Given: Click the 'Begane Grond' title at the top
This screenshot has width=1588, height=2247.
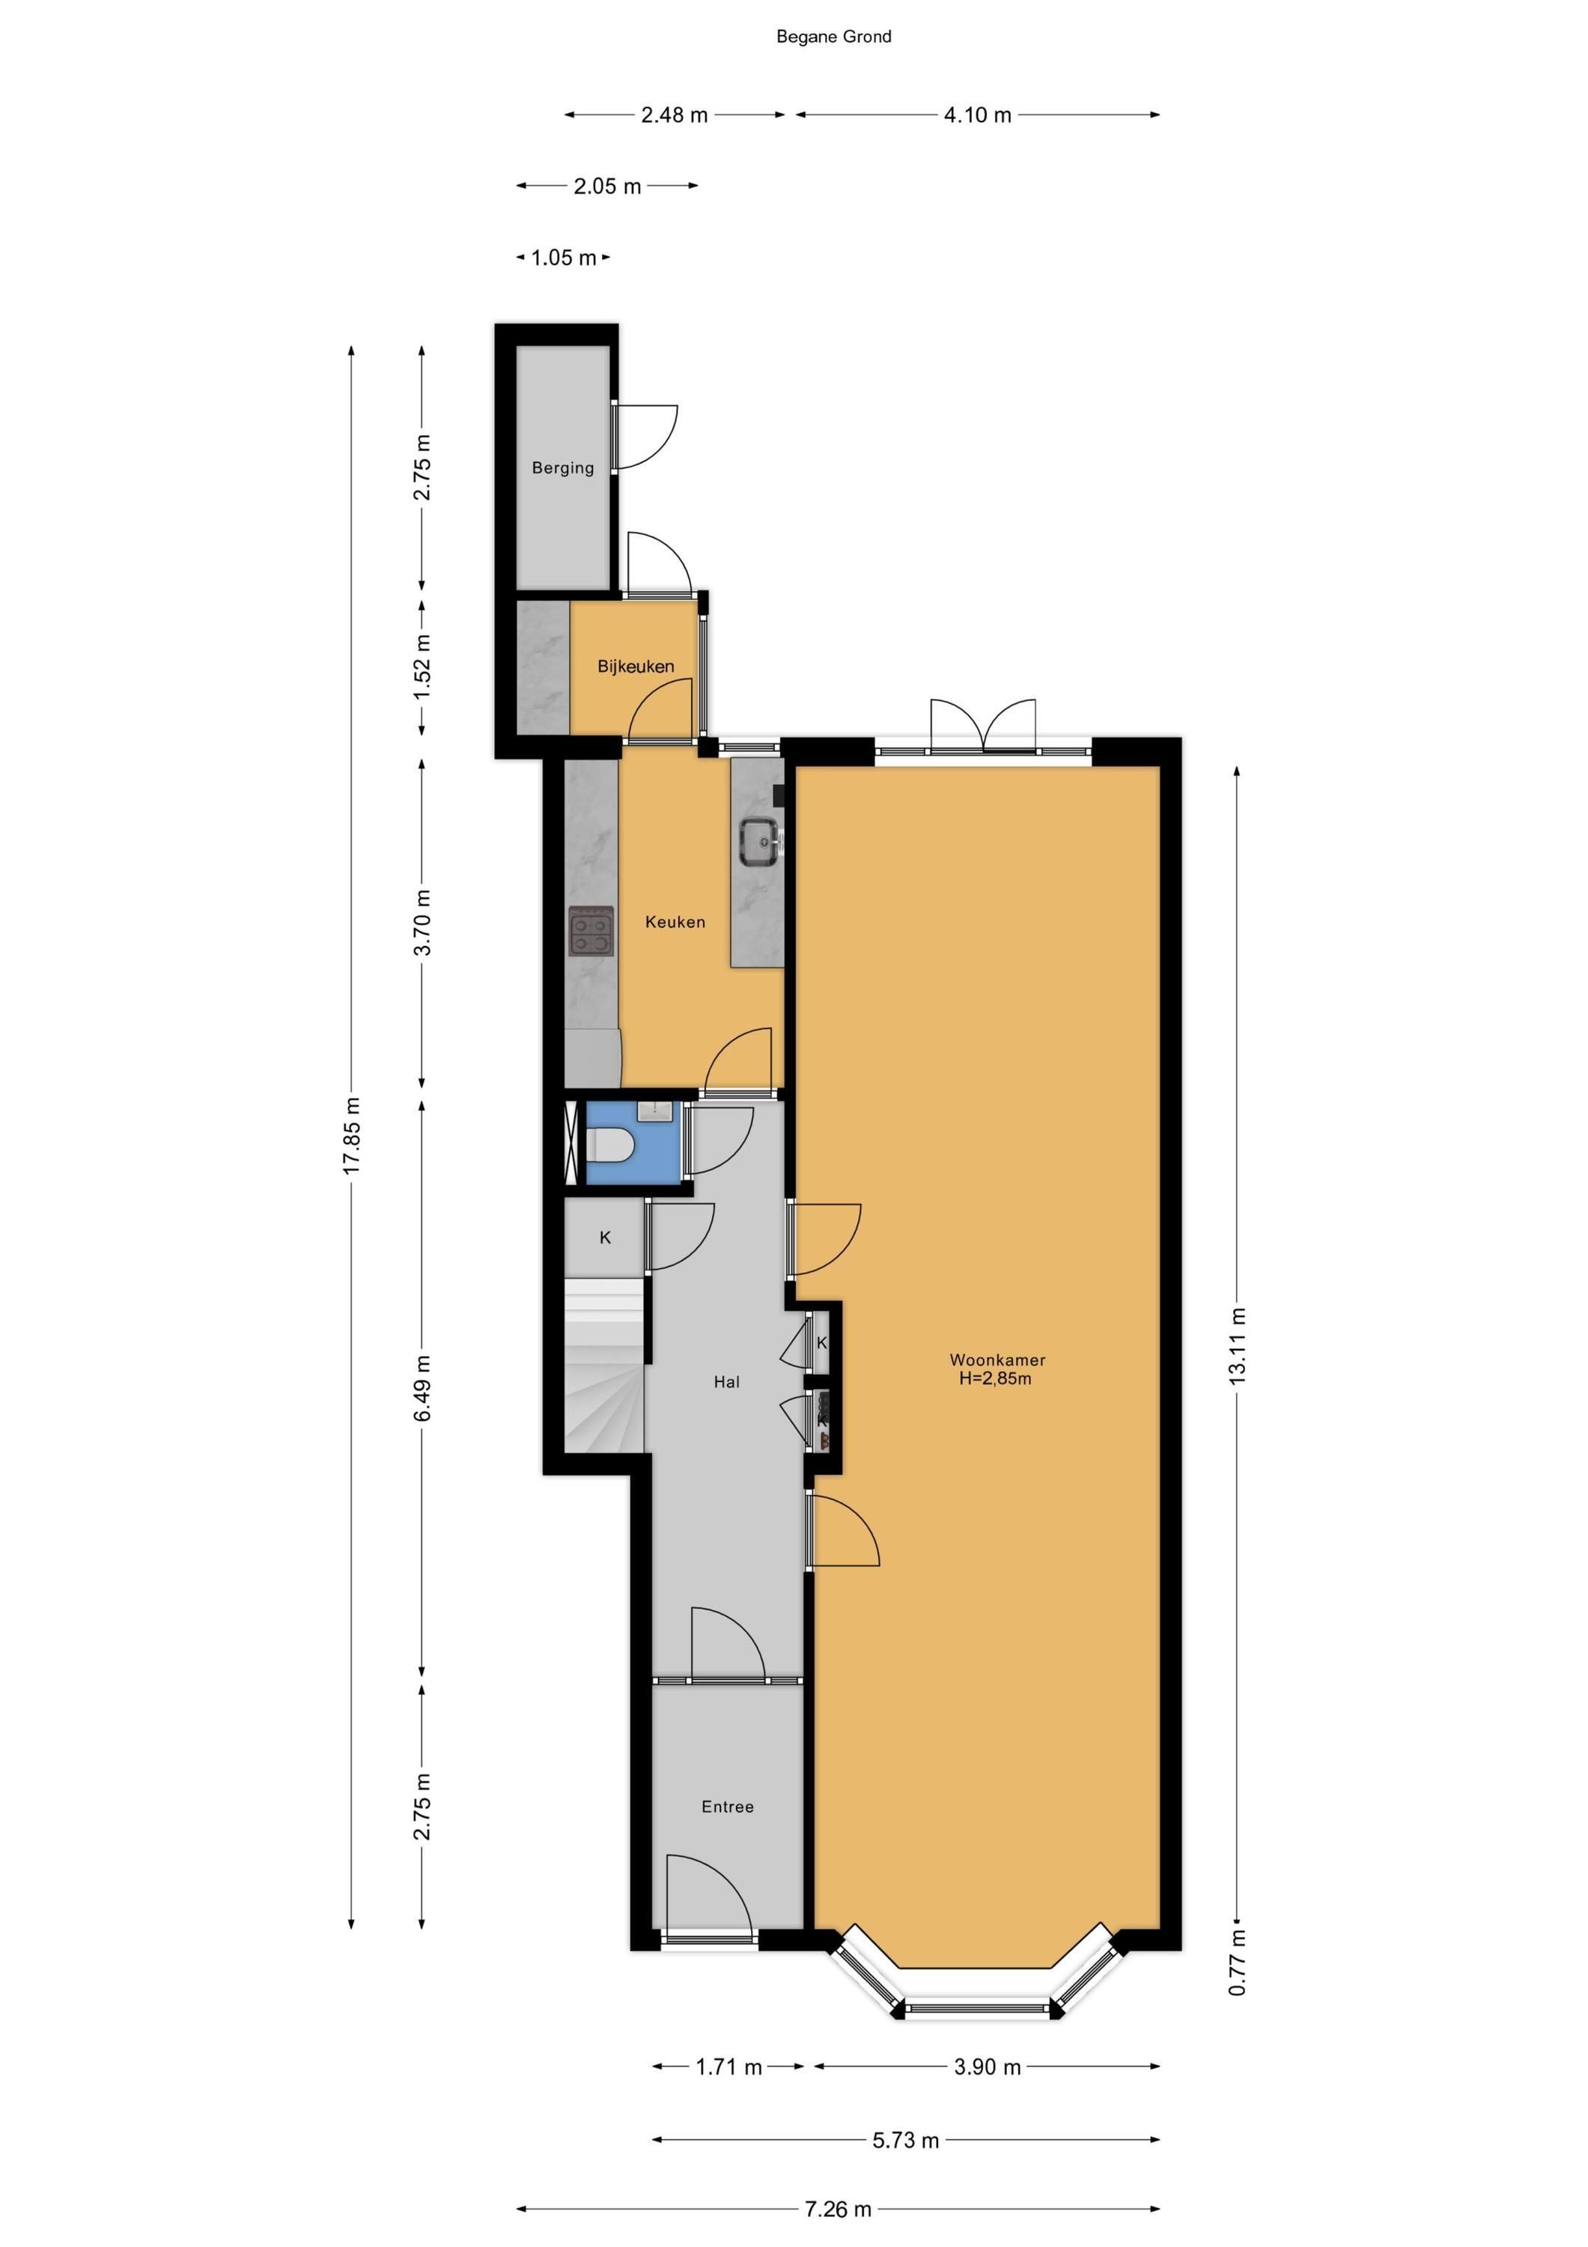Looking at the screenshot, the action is [x=833, y=37].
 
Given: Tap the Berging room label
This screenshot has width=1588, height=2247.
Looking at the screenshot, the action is [x=562, y=468].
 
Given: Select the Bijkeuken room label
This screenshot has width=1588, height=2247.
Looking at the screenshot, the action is [x=636, y=667].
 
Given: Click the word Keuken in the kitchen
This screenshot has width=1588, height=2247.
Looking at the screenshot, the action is [x=675, y=922].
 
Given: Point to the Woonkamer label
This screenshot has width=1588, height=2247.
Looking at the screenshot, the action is [x=998, y=1359].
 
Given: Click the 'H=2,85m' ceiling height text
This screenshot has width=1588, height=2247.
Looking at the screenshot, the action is [x=995, y=1379].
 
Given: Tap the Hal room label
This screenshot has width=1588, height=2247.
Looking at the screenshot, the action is [x=727, y=1382].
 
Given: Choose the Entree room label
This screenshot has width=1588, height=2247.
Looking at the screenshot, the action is [x=728, y=1807].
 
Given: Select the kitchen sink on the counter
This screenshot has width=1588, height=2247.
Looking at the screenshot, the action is [x=760, y=842].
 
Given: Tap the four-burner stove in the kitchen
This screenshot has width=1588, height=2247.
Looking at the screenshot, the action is [x=592, y=930].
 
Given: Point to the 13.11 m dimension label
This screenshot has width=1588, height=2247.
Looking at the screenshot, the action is [x=1238, y=1346].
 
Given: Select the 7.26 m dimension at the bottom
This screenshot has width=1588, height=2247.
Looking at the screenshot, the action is [x=838, y=2201].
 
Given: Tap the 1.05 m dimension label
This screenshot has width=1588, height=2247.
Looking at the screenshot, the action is [x=564, y=258].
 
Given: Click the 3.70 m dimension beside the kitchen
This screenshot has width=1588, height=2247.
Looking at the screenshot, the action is [x=422, y=923].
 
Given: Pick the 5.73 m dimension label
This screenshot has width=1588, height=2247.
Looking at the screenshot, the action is [x=906, y=2141].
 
